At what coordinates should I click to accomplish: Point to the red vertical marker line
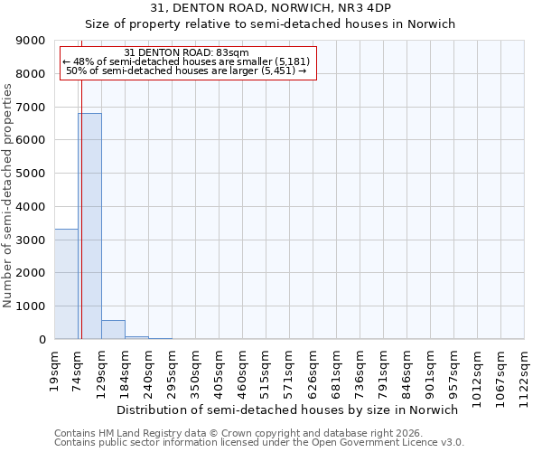(x=81, y=199)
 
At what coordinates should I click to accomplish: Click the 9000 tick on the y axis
(x=32, y=41)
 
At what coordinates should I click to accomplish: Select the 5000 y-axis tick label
(x=32, y=174)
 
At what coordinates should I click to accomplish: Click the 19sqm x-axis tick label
(x=55, y=369)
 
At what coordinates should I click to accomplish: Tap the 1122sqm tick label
(x=525, y=373)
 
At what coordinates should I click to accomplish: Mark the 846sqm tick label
(x=407, y=371)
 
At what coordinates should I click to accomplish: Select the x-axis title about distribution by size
(x=288, y=410)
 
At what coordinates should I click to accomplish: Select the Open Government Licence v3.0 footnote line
(x=259, y=443)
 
